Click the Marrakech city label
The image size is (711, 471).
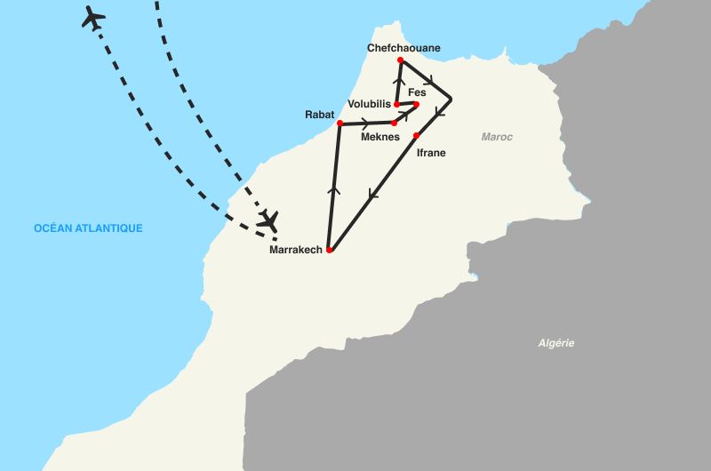[295, 250]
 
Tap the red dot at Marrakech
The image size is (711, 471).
[329, 251]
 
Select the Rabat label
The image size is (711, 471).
[319, 114]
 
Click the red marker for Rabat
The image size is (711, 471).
[340, 123]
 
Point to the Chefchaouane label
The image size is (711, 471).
[403, 48]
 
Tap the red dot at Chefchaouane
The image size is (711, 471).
[401, 60]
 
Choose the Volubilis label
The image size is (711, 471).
[370, 104]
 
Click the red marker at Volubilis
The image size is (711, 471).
[396, 105]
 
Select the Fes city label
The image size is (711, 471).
[417, 92]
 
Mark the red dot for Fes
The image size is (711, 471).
[416, 104]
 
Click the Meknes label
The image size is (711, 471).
[379, 137]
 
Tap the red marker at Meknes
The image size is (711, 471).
[394, 123]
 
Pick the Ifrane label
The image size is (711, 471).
[431, 153]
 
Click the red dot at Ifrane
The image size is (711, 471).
[416, 135]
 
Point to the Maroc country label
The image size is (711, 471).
[497, 137]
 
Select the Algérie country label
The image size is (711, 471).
[556, 343]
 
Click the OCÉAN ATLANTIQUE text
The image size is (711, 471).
[88, 228]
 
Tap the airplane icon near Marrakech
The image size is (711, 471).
[268, 219]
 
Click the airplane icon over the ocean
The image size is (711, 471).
[92, 17]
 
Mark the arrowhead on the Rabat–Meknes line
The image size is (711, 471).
[365, 122]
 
